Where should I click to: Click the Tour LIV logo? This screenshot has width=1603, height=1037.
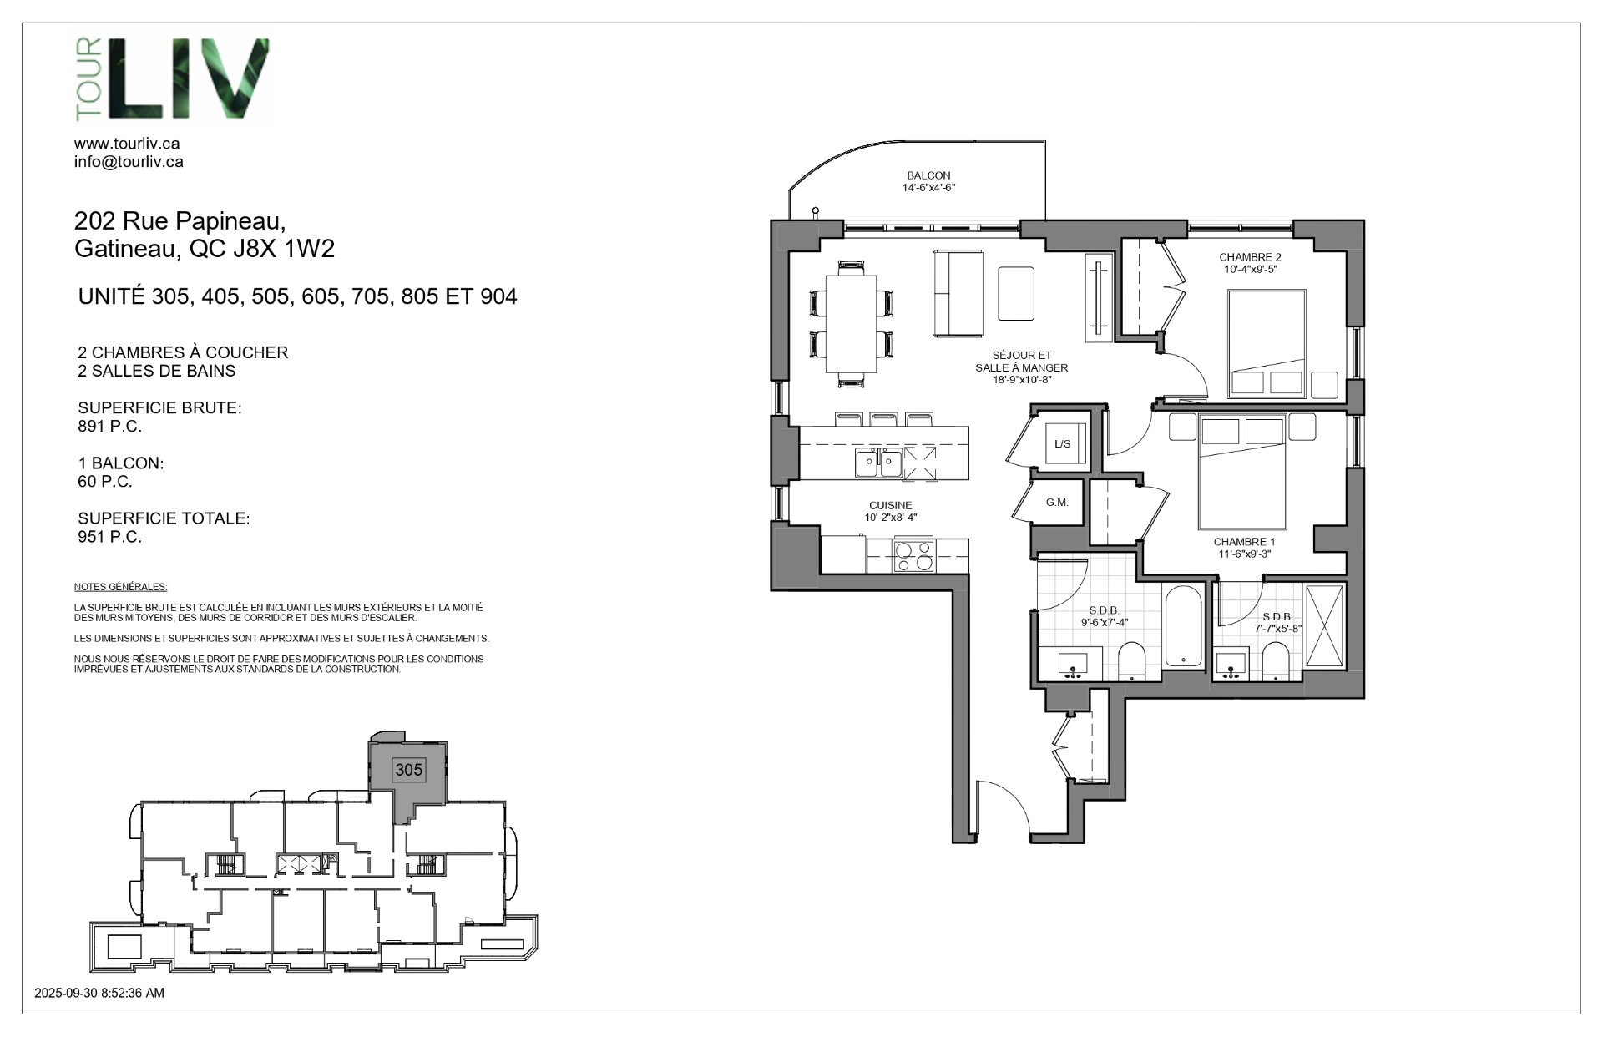pyautogui.click(x=169, y=81)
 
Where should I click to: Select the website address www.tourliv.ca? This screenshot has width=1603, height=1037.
pyautogui.click(x=127, y=144)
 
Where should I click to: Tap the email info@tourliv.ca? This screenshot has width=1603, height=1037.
pyautogui.click(x=129, y=162)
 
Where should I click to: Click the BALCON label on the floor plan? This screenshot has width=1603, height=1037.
pyautogui.click(x=928, y=175)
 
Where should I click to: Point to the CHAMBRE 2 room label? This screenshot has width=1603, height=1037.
pyautogui.click(x=1249, y=257)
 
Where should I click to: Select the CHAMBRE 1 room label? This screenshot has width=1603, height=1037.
pyautogui.click(x=1244, y=542)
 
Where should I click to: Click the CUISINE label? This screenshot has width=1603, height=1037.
pyautogui.click(x=890, y=505)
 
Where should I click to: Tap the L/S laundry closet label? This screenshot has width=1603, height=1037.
pyautogui.click(x=1062, y=444)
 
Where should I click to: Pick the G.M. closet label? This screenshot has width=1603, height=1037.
pyautogui.click(x=1057, y=503)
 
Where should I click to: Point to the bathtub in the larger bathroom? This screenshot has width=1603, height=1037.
pyautogui.click(x=1183, y=627)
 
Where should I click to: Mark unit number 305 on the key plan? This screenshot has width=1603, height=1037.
pyautogui.click(x=409, y=769)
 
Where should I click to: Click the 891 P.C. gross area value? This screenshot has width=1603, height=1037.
pyautogui.click(x=109, y=427)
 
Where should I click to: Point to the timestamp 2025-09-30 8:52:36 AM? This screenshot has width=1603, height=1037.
pyautogui.click(x=99, y=993)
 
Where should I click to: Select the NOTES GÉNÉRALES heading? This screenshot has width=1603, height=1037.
pyautogui.click(x=120, y=587)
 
